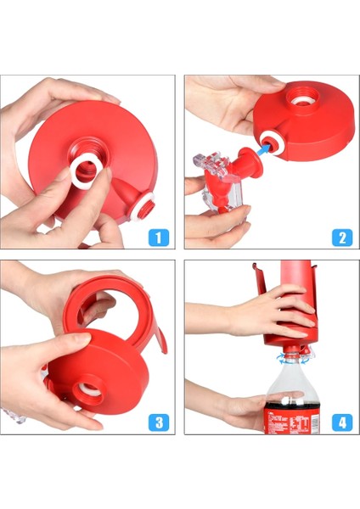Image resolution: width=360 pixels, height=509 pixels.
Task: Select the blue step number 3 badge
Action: coord(159,422)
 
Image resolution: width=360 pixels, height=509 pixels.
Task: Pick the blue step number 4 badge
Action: coord(340,422)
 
